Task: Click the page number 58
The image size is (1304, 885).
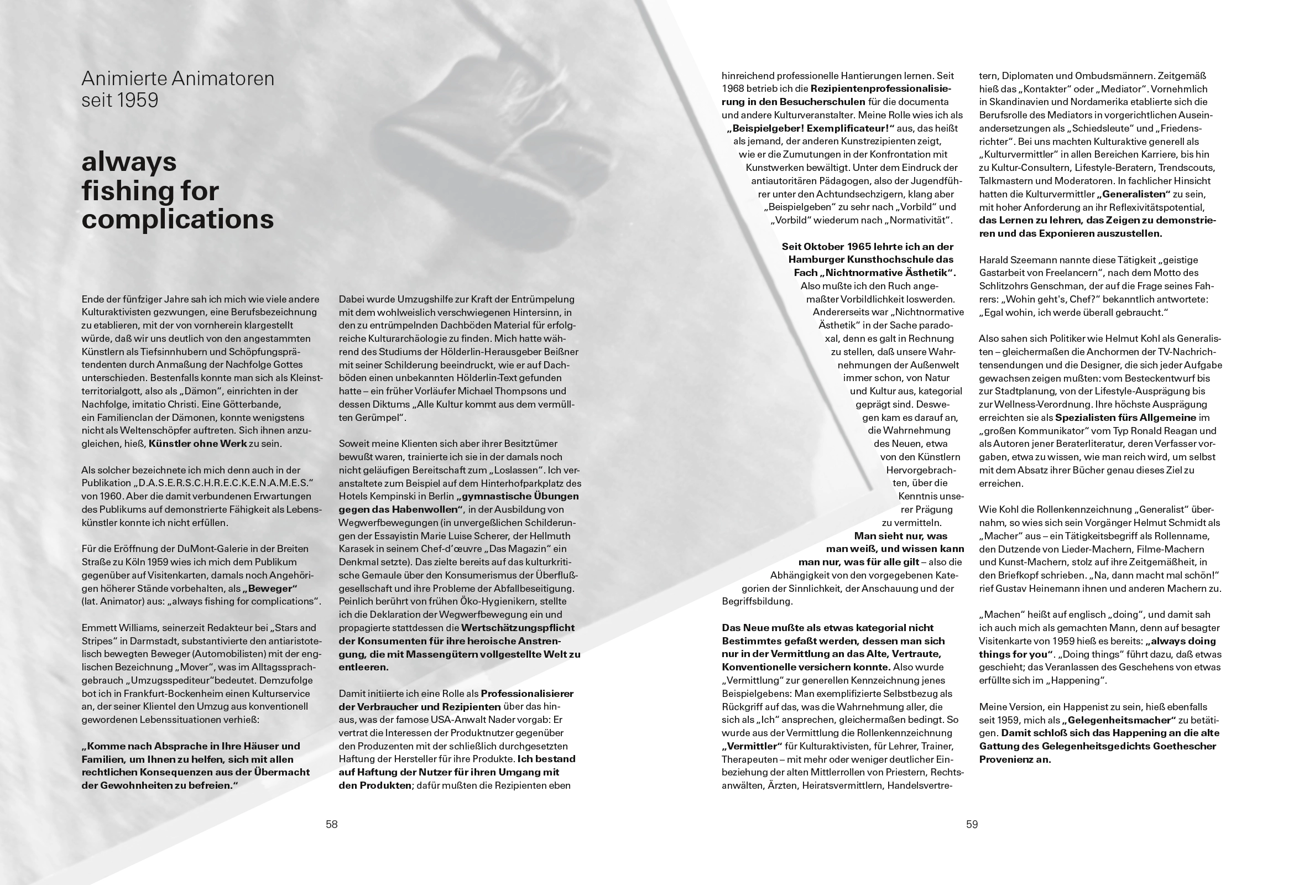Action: coord(332,824)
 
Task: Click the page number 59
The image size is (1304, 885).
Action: coord(972,824)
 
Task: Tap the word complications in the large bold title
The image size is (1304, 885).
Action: coord(178,219)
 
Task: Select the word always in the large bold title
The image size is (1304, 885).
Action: coord(129,162)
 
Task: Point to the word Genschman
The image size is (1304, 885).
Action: coord(1057,286)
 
